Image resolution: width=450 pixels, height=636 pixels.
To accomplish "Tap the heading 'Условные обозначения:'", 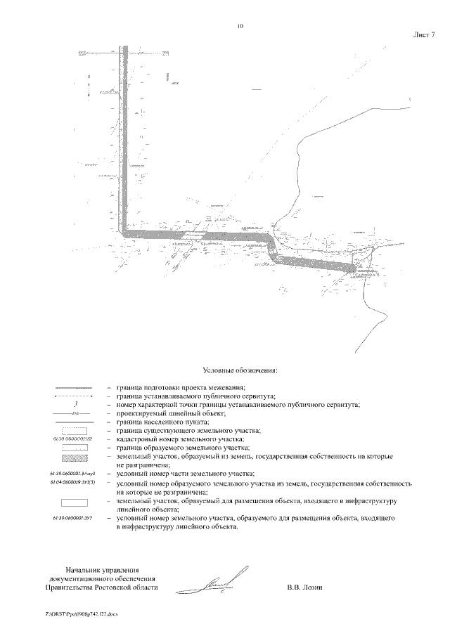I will tap(240, 370).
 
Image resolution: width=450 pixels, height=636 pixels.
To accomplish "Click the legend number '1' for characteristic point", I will tap(73, 404).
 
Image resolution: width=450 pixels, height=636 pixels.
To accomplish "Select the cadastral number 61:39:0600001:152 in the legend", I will tap(73, 439).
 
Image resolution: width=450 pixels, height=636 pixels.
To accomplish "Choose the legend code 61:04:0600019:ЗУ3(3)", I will tap(73, 484).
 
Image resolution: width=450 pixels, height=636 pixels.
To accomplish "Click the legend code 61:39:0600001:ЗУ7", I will tap(73, 518).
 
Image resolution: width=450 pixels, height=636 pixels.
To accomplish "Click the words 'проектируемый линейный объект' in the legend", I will tap(169, 413).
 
